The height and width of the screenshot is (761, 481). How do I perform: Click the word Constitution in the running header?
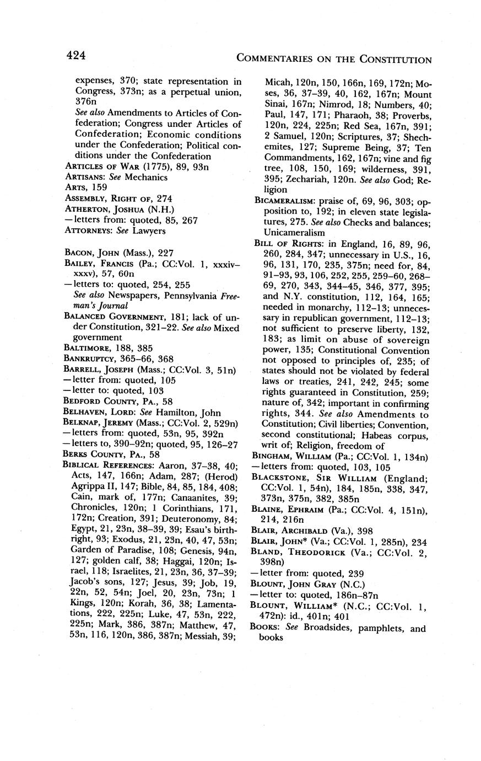coord(396,59)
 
